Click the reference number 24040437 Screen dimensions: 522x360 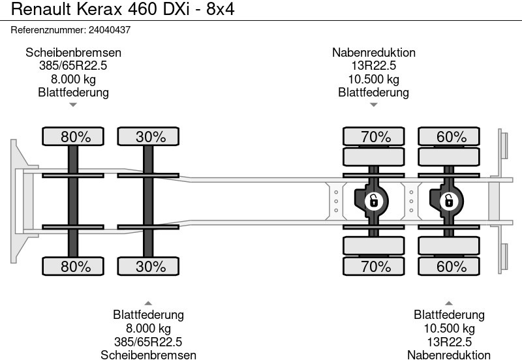[x=110, y=30]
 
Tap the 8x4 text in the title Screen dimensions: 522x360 [x=221, y=9]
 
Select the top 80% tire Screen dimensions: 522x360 [x=73, y=136]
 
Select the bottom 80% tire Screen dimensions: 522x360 [x=73, y=266]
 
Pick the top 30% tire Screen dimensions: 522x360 [x=148, y=136]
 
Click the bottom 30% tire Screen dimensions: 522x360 [x=148, y=266]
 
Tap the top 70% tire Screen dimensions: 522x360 [x=373, y=136]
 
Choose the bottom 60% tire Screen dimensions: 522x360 [x=449, y=266]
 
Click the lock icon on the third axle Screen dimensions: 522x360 [x=373, y=201]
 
